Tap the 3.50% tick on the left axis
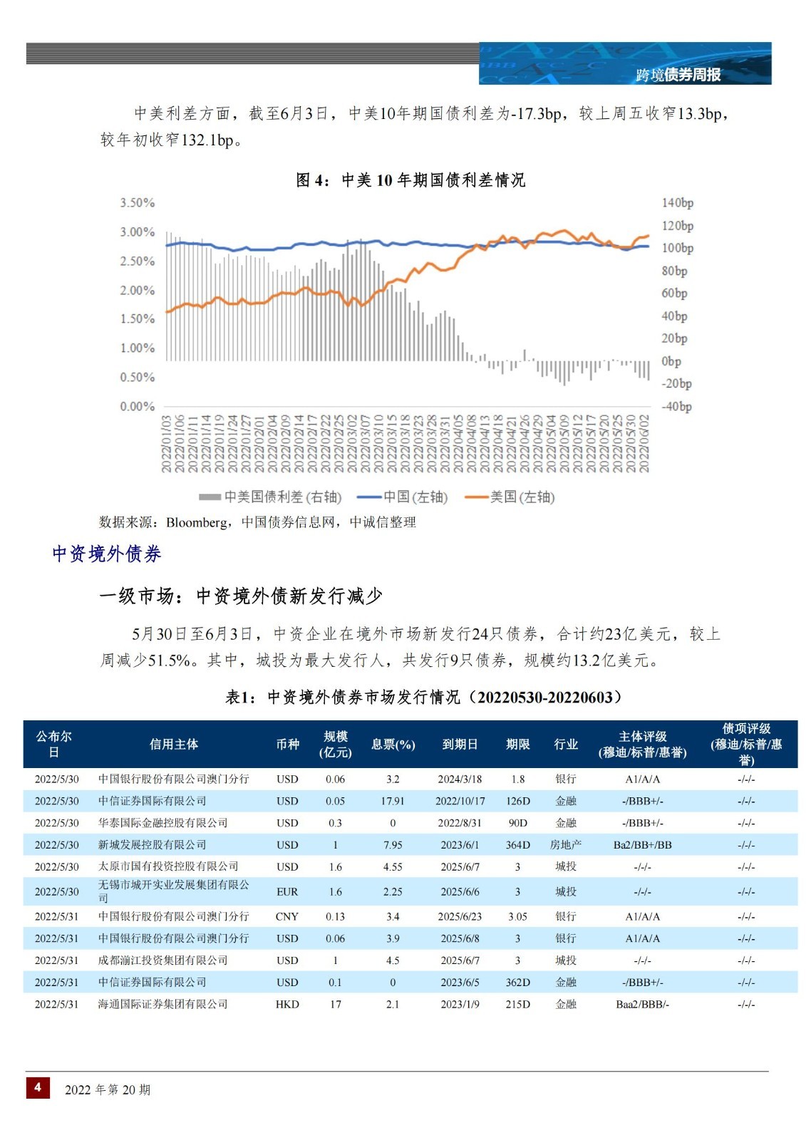137,202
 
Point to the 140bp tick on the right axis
677,202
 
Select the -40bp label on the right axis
676,406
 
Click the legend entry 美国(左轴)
510,497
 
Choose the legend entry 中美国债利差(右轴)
270,497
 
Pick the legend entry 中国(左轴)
402,497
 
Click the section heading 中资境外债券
106,554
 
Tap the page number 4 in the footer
38,1087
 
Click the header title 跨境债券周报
678,75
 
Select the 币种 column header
287,744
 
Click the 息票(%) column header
393,744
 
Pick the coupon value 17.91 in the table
393,801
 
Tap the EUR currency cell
287,891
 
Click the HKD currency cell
287,1004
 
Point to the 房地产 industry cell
565,844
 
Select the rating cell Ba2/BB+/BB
642,844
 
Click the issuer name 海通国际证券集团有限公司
162,1004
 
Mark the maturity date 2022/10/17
460,801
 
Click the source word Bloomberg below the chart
197,522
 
